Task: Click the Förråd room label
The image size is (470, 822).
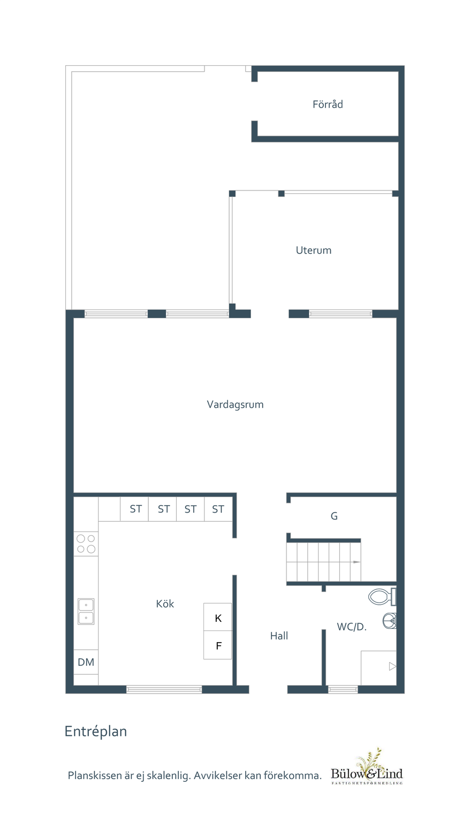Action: tap(328, 104)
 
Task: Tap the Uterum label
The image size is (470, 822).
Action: tap(314, 250)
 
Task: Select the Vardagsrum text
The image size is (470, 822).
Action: tap(235, 405)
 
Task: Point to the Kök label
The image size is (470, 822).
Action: tap(165, 604)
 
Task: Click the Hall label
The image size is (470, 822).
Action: tap(279, 636)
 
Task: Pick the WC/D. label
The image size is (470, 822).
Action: tap(352, 627)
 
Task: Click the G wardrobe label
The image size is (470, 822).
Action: tap(334, 516)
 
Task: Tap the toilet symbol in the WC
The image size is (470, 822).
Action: tap(382, 597)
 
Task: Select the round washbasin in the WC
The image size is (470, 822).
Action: tap(389, 621)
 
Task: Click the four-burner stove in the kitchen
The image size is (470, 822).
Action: tap(86, 544)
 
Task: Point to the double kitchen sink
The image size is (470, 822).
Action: tap(86, 611)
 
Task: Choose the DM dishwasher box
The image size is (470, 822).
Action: tap(86, 662)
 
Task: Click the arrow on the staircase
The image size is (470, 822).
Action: tap(357, 562)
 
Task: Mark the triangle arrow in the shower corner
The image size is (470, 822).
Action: tap(392, 666)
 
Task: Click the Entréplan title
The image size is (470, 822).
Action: tap(96, 732)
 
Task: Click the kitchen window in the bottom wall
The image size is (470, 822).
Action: tap(164, 689)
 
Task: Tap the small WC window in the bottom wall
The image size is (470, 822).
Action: tap(343, 689)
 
